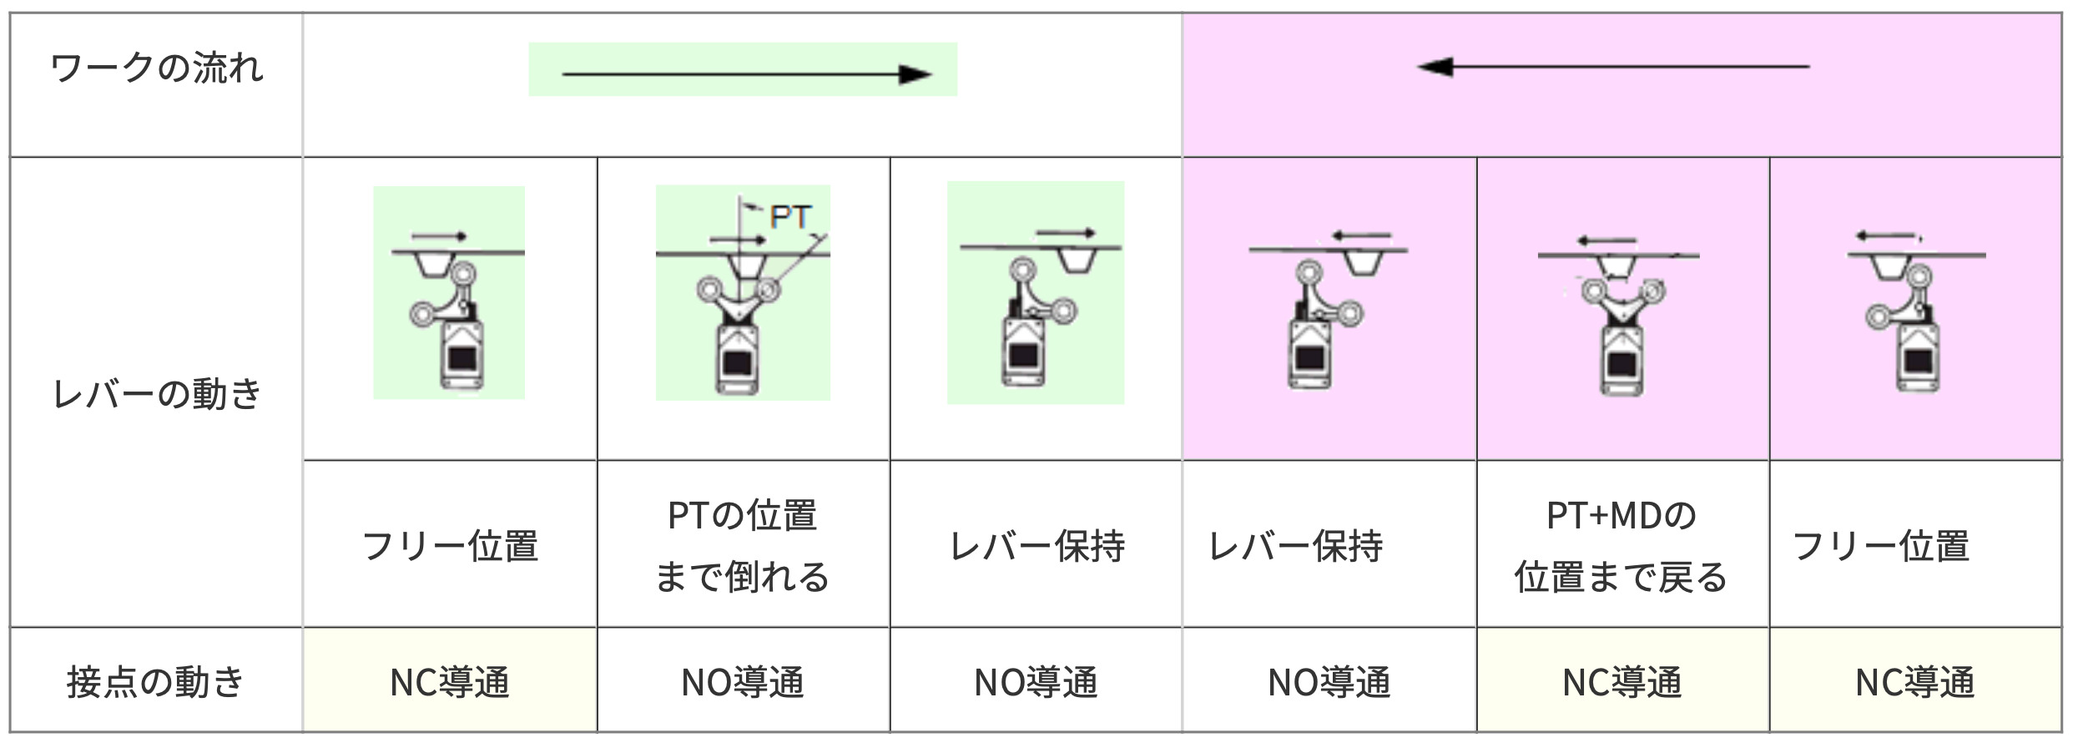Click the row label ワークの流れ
[157, 68]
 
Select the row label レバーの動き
[157, 393]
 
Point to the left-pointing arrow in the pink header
[1612, 66]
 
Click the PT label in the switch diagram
[789, 217]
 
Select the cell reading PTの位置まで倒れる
[742, 545]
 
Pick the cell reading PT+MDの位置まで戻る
[1621, 545]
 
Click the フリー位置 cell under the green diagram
[450, 546]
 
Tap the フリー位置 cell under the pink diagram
[1881, 546]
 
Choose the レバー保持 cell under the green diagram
[1037, 546]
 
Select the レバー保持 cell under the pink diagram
[1296, 546]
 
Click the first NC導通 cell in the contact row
[450, 682]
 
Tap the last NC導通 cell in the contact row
[1914, 682]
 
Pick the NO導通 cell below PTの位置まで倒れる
[742, 682]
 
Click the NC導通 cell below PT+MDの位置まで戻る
[1622, 682]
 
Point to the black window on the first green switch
[462, 358]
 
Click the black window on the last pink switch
[1918, 361]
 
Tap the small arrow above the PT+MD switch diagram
[1606, 241]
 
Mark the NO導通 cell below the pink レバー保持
[1329, 682]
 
